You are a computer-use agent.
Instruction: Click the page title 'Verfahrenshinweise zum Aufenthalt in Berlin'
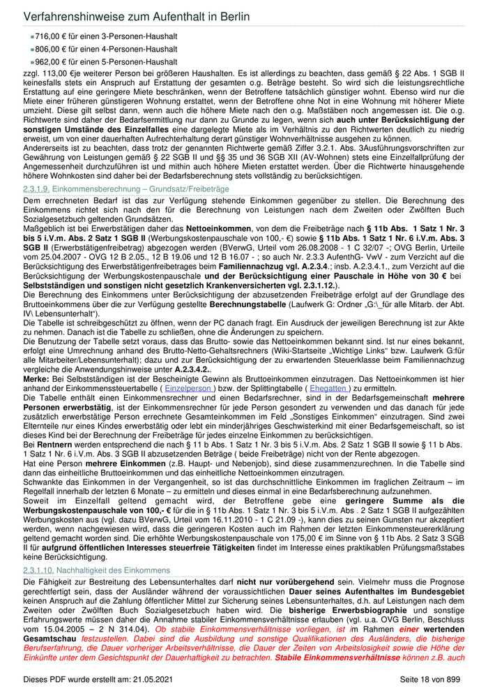(137, 15)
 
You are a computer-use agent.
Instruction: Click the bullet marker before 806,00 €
(32, 49)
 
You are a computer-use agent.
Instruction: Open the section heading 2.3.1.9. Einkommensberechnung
(125, 189)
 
